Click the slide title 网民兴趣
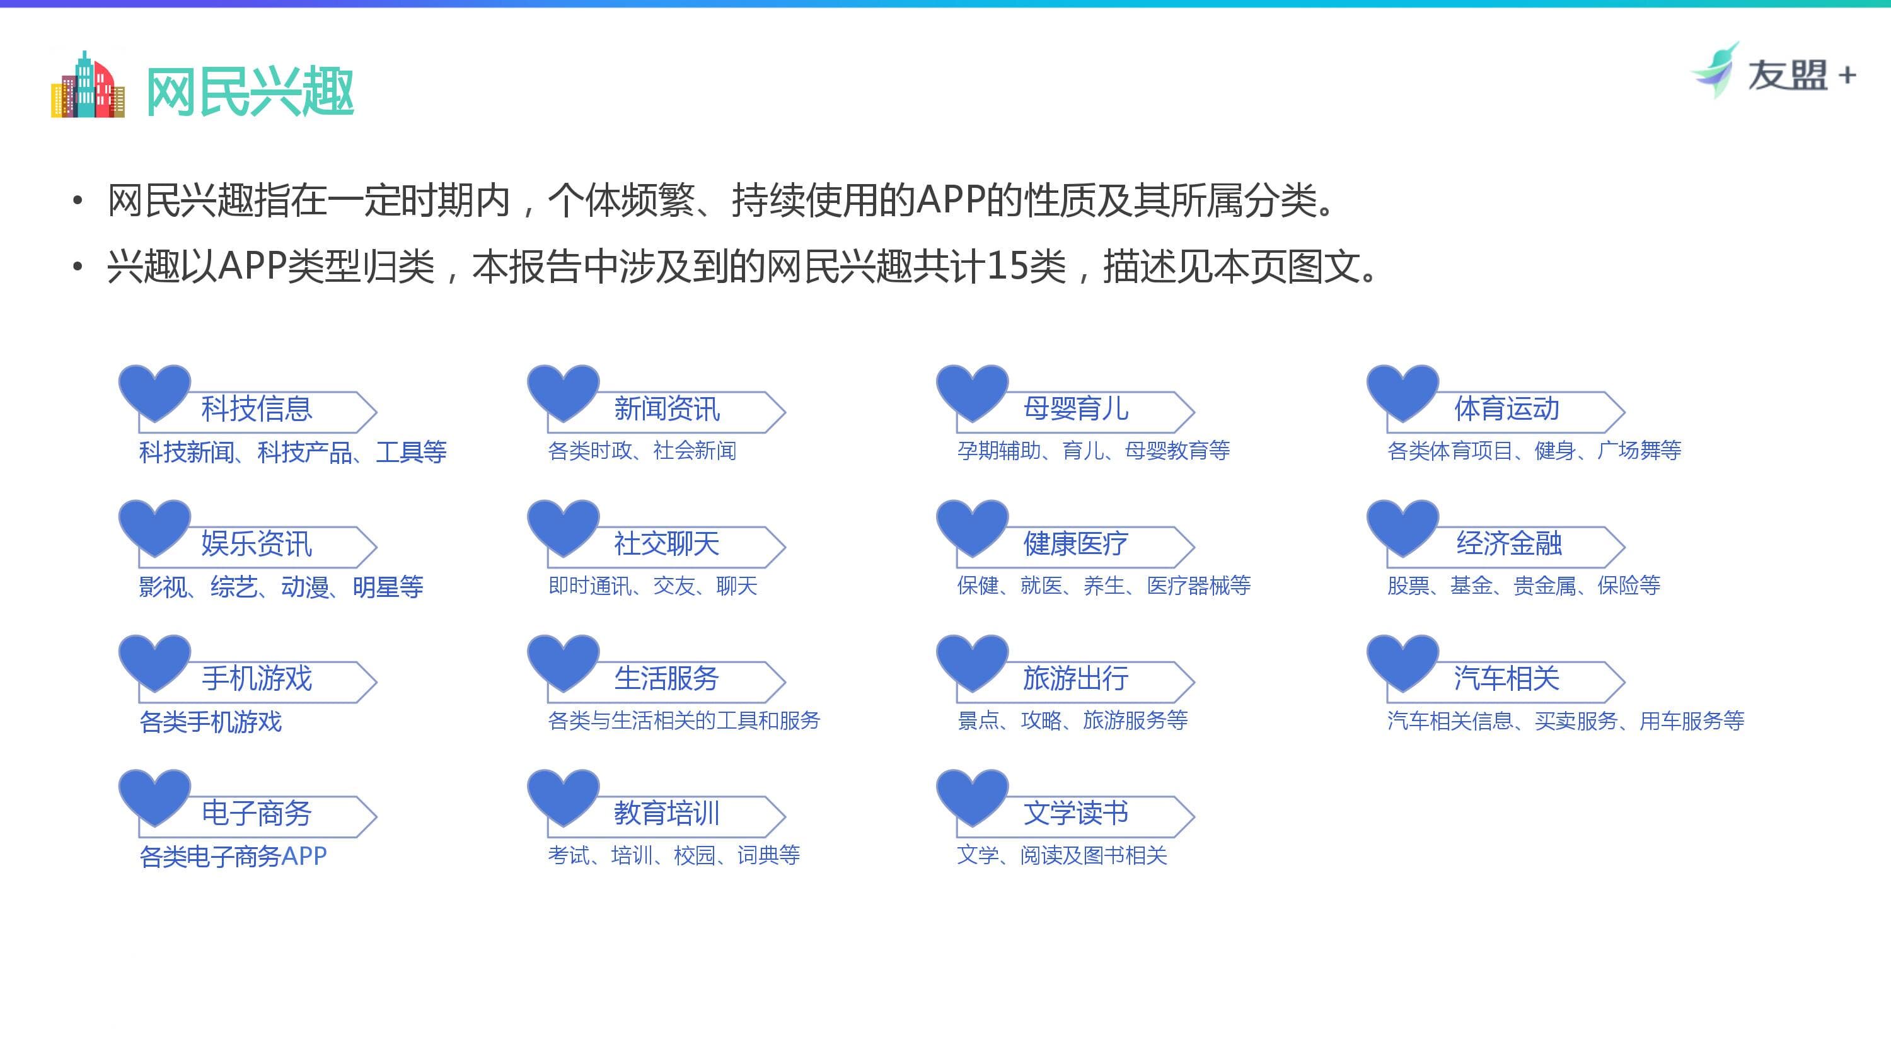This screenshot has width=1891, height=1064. (x=250, y=91)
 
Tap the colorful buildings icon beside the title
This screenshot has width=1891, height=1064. (x=88, y=85)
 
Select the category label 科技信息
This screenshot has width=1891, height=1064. (x=257, y=409)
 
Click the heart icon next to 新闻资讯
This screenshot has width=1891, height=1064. (x=563, y=390)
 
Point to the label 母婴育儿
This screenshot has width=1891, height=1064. (x=1075, y=409)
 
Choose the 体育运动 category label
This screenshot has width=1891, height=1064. (x=1506, y=409)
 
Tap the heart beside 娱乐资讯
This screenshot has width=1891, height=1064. (x=154, y=525)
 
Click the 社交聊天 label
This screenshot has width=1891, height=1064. (x=666, y=544)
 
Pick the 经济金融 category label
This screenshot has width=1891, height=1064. (x=1508, y=544)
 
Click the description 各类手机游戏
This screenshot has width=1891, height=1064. (x=211, y=722)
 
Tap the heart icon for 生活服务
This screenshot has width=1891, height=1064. (x=563, y=660)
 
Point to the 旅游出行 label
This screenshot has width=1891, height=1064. (x=1075, y=678)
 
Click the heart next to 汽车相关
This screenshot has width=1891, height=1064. (x=1402, y=660)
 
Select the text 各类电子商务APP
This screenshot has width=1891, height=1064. (x=233, y=856)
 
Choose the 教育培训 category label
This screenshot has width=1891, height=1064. (x=666, y=814)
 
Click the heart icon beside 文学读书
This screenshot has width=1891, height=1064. (x=972, y=795)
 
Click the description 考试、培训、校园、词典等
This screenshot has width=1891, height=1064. (x=673, y=855)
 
